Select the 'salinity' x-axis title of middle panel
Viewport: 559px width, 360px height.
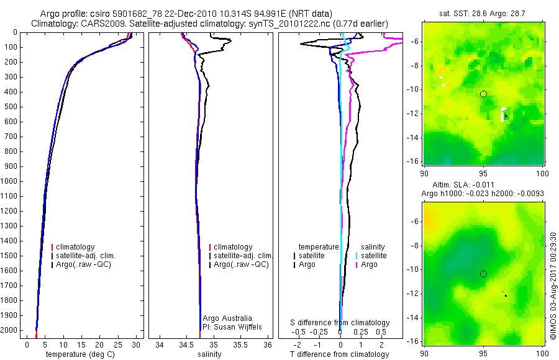pos(210,354)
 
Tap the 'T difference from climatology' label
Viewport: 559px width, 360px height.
pos(339,354)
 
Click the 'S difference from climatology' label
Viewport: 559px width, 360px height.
pos(340,323)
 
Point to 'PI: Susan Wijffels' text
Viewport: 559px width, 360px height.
pos(232,326)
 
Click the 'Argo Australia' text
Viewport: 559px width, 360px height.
pos(227,318)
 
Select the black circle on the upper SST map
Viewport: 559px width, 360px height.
pos(483,94)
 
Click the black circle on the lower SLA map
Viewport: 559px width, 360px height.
pos(483,274)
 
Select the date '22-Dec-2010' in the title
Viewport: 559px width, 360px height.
pos(165,14)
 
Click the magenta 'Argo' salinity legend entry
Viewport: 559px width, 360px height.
pos(369,264)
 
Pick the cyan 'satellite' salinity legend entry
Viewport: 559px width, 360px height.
pos(373,256)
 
